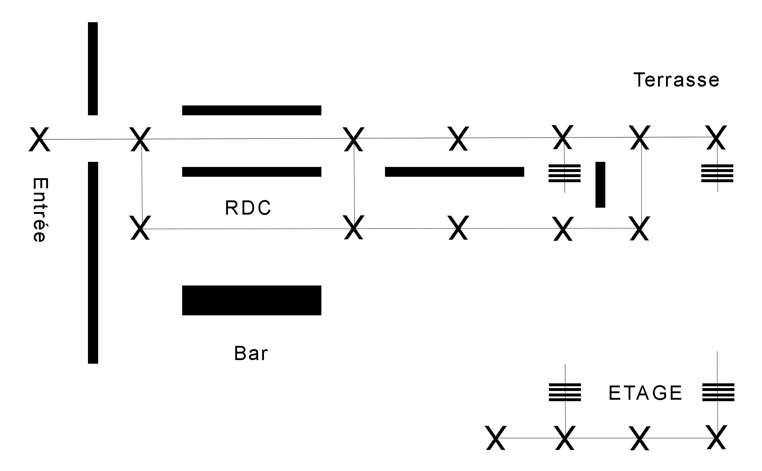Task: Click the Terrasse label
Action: [x=676, y=80]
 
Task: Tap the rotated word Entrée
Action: [x=40, y=210]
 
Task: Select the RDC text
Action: [x=248, y=208]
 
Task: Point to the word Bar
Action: [x=251, y=353]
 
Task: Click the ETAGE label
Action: [x=645, y=393]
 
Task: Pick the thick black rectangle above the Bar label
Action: [x=252, y=300]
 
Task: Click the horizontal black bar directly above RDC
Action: [x=252, y=172]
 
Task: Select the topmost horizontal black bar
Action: [x=252, y=110]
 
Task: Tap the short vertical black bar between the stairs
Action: [x=600, y=185]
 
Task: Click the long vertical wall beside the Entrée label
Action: [x=93, y=263]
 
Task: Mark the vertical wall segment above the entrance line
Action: [x=93, y=69]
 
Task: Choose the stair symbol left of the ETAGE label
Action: [x=565, y=392]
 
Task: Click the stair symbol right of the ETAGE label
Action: [x=718, y=392]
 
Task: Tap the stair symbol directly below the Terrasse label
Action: [x=717, y=173]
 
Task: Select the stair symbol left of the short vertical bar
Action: [x=564, y=173]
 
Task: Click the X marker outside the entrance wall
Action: [x=39, y=139]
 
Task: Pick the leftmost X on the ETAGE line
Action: [x=496, y=438]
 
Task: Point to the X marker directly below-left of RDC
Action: [x=140, y=228]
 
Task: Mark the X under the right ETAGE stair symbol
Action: [x=717, y=437]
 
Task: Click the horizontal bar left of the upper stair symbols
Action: [x=454, y=172]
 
